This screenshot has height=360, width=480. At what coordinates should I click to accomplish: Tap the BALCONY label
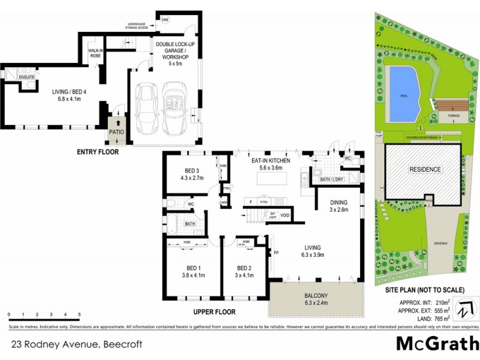click(316, 296)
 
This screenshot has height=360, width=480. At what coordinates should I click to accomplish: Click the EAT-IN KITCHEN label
click(271, 161)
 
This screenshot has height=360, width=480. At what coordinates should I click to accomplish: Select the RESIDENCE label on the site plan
click(424, 169)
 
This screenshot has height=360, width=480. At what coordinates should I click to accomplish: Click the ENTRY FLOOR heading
click(98, 152)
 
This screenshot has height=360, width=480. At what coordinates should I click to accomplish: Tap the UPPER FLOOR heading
click(214, 312)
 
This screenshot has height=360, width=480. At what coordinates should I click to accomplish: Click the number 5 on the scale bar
click(79, 314)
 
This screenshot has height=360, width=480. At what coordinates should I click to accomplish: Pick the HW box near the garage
click(165, 20)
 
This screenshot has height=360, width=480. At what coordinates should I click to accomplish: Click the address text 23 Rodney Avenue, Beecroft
click(69, 344)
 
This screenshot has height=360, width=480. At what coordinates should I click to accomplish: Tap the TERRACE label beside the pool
click(454, 115)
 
